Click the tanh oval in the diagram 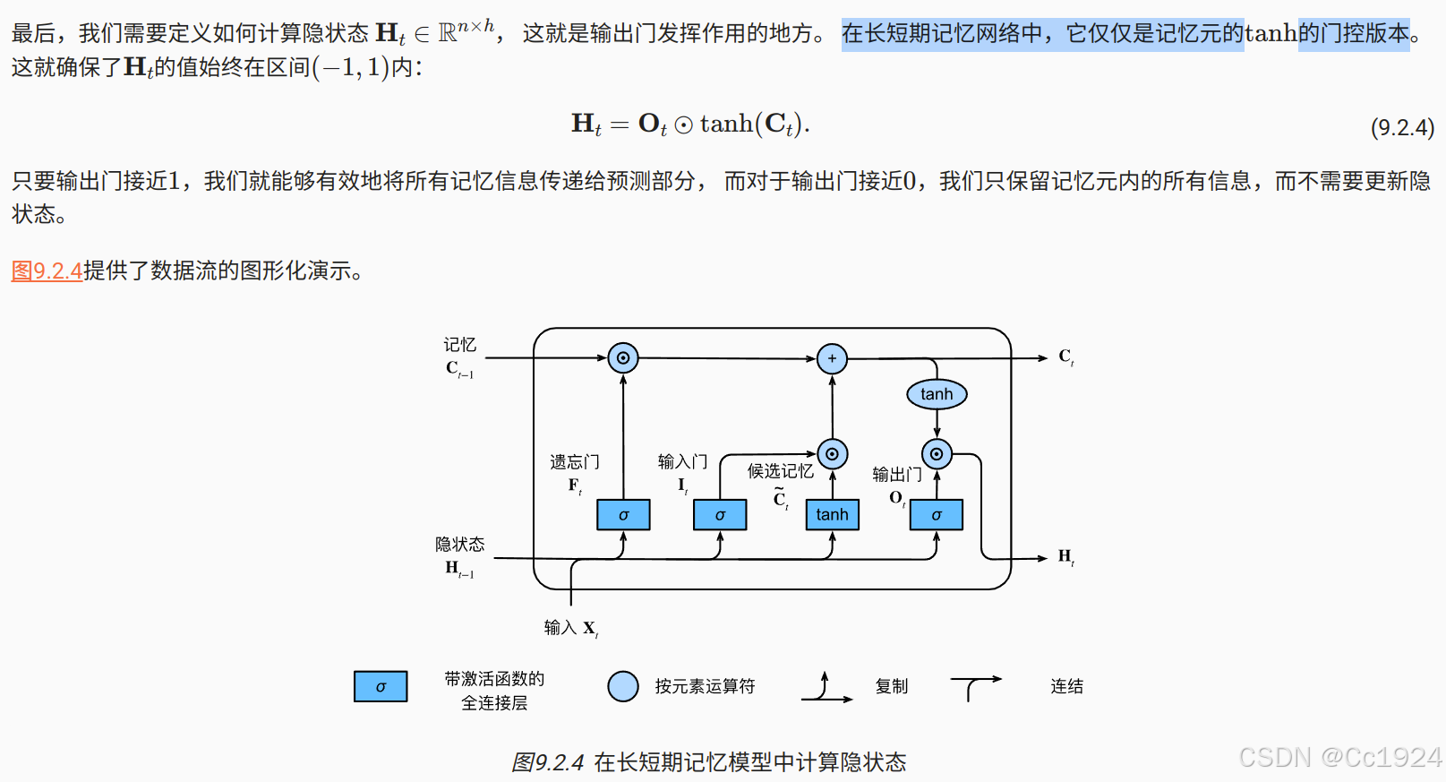tap(937, 394)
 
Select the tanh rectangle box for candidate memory tap(832, 515)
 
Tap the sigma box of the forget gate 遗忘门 tap(623, 515)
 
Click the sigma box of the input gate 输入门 tap(720, 515)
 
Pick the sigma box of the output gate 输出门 tap(937, 515)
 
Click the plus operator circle tap(832, 358)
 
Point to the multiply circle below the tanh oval tap(937, 454)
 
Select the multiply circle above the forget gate tap(623, 358)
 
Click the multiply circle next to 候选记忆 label tap(832, 454)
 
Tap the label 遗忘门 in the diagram tap(575, 462)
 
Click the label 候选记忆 tap(781, 471)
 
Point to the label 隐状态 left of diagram tap(460, 545)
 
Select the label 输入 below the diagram tap(560, 628)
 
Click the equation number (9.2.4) tap(1402, 127)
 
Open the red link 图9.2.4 tap(47, 271)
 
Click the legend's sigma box tap(381, 687)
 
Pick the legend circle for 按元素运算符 tap(623, 687)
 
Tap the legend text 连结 tap(1066, 687)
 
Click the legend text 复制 tap(892, 687)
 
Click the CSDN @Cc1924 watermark tap(1339, 758)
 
